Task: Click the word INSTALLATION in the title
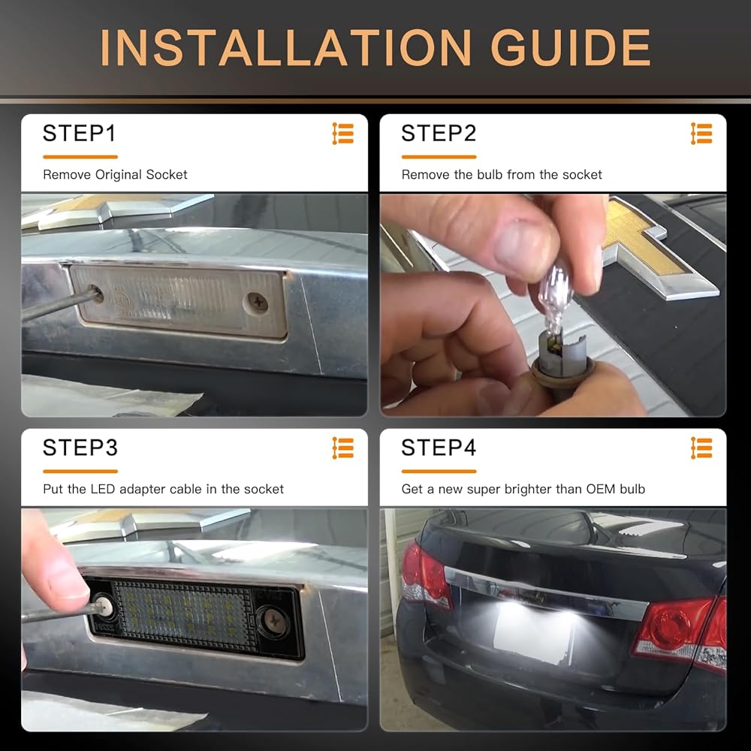coord(285,47)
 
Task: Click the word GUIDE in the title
coord(571,47)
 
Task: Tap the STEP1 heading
coord(79,133)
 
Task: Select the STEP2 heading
coord(439,133)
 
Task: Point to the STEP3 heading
coord(80,448)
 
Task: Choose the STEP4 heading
coord(439,448)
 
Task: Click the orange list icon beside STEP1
coord(343,134)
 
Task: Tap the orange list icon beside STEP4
coord(701,448)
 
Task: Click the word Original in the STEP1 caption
coord(119,175)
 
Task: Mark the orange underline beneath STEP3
coord(80,472)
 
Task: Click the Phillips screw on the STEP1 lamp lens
coord(258,303)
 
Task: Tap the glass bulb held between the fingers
coord(555,300)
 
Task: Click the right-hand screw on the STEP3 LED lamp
coord(274,621)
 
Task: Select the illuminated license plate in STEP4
coord(532,632)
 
